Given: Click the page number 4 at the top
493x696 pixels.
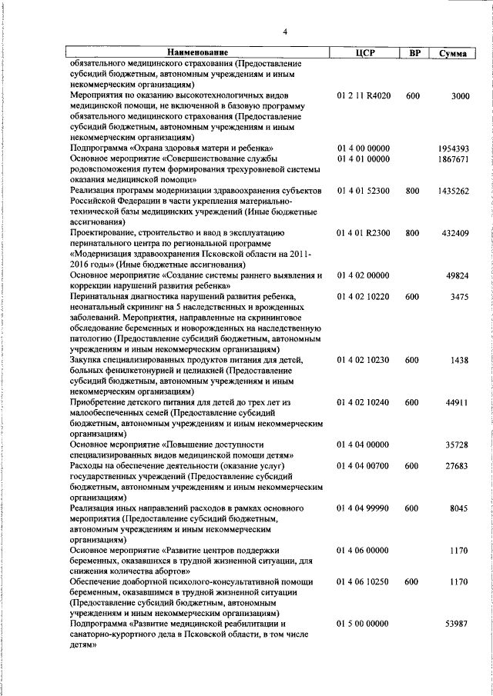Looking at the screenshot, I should point(285,32).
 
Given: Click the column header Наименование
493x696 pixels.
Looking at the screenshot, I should point(196,52).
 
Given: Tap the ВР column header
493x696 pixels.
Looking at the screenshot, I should point(414,52).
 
